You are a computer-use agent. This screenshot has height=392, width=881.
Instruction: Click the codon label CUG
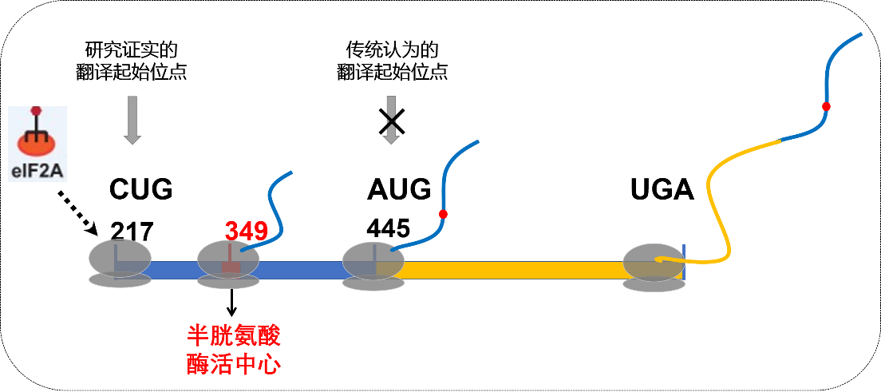tap(141, 189)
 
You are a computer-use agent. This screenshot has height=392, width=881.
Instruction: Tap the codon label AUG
tap(399, 189)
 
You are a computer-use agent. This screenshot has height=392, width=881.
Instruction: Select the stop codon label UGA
tap(662, 189)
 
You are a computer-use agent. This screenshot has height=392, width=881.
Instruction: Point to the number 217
tap(132, 231)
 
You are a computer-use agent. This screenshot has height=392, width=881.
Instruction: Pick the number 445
tap(389, 228)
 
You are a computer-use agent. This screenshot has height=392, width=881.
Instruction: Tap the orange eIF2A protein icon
tap(37, 144)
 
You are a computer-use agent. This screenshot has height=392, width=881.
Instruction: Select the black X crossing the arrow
tap(391, 121)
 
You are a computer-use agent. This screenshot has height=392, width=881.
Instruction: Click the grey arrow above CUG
tap(132, 120)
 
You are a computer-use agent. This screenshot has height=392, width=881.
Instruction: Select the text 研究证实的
tap(131, 50)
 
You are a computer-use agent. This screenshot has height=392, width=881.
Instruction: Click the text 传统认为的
tap(392, 50)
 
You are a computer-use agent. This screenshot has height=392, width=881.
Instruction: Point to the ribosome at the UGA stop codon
tap(654, 267)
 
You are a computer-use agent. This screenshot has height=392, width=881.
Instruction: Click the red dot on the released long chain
tap(826, 106)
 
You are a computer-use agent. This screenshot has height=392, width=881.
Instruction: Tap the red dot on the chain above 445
tap(443, 214)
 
